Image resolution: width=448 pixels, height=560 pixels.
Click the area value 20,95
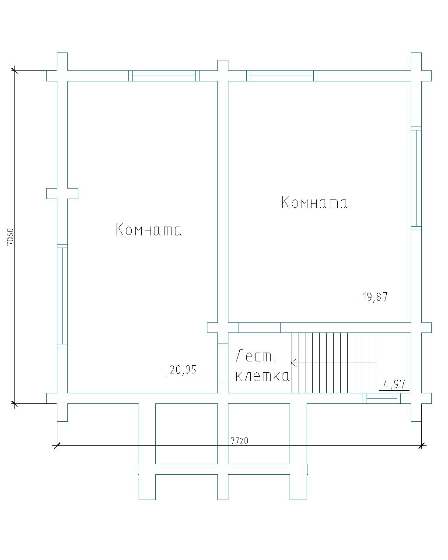(183, 370)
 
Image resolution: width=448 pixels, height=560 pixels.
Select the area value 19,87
(375, 297)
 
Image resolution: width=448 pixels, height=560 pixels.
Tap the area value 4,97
(394, 385)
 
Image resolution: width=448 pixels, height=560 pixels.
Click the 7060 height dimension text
(10, 237)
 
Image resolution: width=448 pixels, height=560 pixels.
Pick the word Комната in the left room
(148, 230)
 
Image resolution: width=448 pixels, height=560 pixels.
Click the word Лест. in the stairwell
(255, 356)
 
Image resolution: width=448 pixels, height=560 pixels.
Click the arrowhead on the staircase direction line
(294, 363)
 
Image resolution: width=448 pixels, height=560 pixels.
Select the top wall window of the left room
(164, 76)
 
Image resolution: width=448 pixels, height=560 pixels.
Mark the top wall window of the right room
(282, 76)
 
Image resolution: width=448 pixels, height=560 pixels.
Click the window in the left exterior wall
(62, 296)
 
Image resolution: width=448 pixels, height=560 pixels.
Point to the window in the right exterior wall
(416, 178)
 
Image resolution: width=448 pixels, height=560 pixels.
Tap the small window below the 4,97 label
(381, 399)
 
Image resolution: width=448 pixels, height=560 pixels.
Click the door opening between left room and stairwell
(223, 363)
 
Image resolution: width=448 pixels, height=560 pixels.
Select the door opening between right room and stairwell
(259, 328)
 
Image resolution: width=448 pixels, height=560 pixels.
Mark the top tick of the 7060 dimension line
(14, 70)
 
